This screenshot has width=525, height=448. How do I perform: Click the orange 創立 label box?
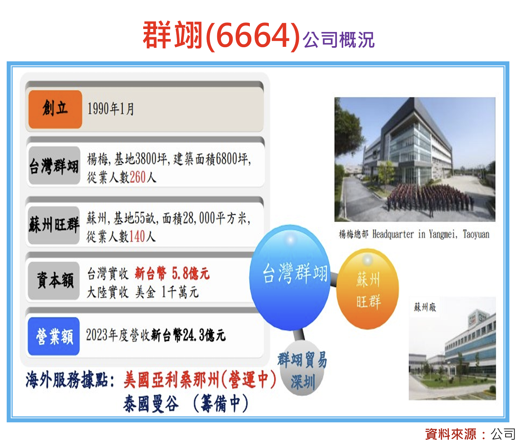coord(55,109)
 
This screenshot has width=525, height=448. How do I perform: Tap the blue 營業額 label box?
coord(54,336)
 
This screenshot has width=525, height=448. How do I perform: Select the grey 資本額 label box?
coord(54,281)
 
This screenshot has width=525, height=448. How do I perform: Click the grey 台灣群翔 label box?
coord(54,165)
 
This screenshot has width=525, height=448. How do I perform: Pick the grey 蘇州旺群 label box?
coord(54,225)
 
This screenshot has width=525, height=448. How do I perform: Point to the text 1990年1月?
coord(111,109)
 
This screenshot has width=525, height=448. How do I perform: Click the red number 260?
coord(138,177)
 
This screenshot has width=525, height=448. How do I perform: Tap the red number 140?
coord(137,236)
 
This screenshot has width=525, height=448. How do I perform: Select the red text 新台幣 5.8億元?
coord(172,274)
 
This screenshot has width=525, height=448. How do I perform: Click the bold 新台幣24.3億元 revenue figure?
coord(188,335)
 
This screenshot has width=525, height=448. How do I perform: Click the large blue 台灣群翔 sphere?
coord(290,278)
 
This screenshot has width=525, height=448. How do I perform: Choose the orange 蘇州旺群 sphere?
coord(367,289)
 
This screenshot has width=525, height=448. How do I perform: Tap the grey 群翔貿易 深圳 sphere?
coord(302,368)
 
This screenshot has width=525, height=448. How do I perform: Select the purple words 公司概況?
coord(339,40)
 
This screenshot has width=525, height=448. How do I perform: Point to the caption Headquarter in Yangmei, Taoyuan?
coord(431,234)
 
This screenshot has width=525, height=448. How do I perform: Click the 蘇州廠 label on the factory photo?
coord(425,307)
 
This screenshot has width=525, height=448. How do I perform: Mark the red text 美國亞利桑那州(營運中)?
coord(200,380)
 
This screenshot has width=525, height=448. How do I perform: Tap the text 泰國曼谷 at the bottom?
coord(151,404)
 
